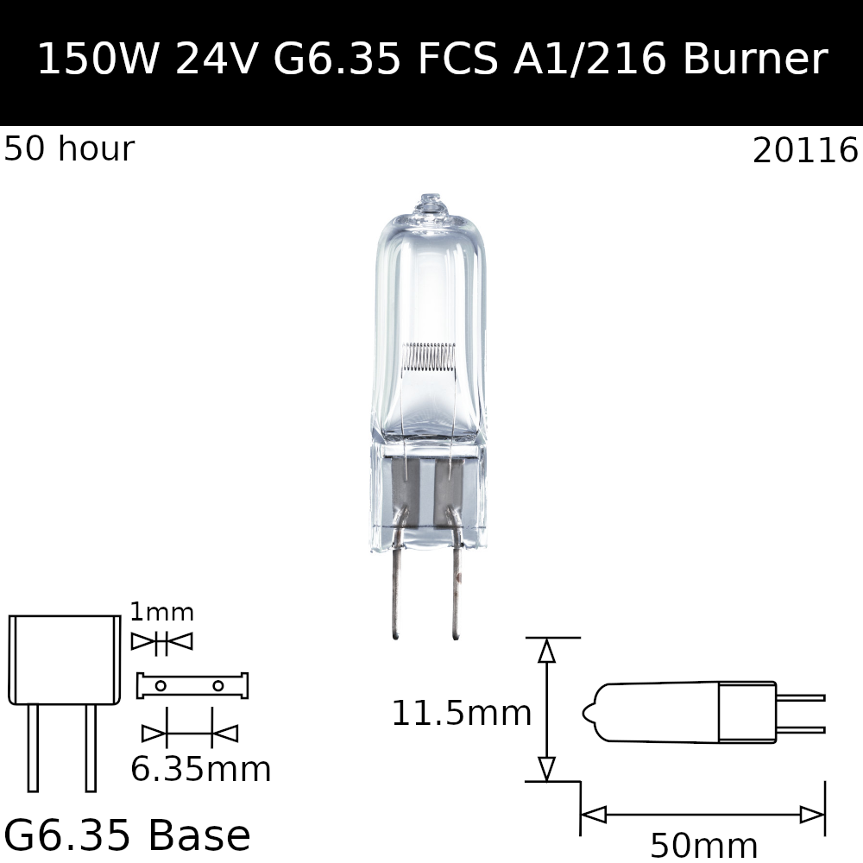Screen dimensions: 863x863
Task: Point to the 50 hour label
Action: point(69,149)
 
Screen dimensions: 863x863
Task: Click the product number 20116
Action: point(805,151)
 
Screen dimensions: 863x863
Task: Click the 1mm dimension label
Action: point(161,613)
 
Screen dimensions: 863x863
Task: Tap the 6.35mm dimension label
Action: point(200,769)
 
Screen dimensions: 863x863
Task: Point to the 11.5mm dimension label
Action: point(461,714)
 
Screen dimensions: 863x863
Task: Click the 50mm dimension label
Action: point(703,846)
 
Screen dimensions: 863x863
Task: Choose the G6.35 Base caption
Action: point(127,835)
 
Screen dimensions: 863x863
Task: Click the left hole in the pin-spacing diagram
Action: point(161,686)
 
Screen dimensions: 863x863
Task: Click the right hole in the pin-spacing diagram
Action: point(218,686)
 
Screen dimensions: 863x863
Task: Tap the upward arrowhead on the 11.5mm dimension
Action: point(546,651)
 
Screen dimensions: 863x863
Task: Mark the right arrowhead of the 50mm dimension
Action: point(812,815)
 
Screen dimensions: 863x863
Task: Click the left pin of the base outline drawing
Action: point(33,747)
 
